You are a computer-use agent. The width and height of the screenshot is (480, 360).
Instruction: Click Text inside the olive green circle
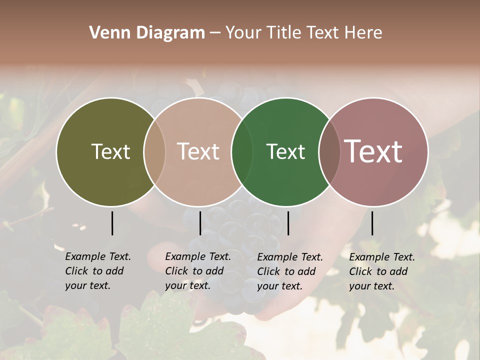click(110, 151)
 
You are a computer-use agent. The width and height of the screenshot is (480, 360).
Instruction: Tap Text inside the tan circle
click(198, 151)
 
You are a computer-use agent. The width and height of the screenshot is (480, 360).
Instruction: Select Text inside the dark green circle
click(285, 151)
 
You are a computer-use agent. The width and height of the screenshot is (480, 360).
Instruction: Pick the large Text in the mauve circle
click(373, 151)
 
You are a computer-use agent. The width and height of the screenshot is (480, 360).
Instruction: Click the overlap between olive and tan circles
click(154, 151)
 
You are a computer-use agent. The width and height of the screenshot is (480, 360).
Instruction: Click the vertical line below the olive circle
click(112, 223)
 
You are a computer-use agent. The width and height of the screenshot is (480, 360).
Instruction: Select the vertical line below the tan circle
click(200, 223)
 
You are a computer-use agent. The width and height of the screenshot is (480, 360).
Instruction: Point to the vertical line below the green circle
click(288, 223)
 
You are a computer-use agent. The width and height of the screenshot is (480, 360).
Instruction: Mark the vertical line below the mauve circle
click(372, 223)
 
